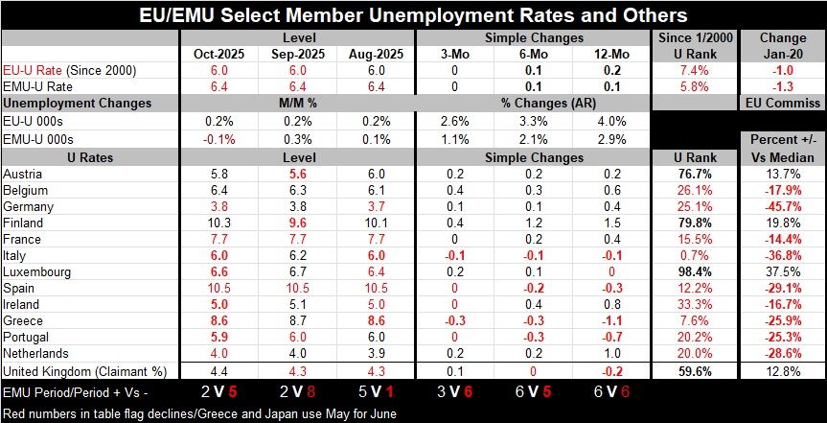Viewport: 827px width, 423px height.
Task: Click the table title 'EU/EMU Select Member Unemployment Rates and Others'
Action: pos(413,15)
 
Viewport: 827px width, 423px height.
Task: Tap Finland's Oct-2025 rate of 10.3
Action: pos(220,222)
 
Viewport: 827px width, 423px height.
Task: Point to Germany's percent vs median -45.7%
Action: pos(782,205)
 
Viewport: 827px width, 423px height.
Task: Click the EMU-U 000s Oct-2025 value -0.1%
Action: pos(220,137)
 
